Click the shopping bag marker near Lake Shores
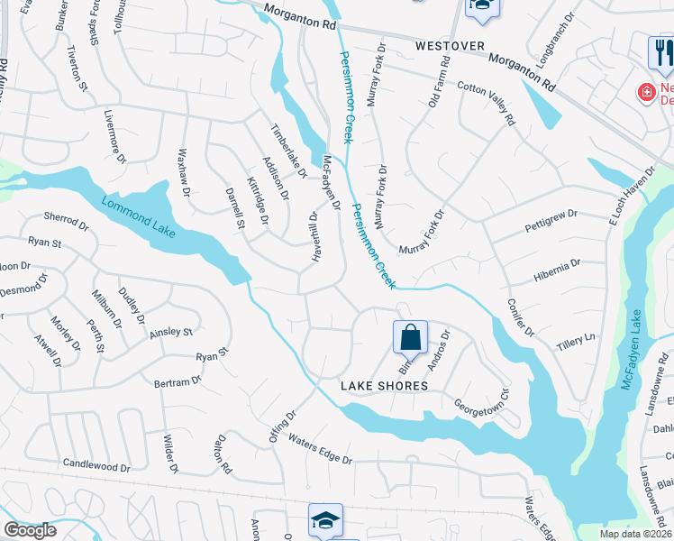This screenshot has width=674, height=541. tap(410, 338)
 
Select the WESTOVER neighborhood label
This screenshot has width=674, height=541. tap(450, 45)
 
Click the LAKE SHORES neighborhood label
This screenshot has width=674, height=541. tap(384, 386)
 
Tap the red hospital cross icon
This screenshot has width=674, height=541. tap(645, 92)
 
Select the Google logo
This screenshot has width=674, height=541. tap(30, 530)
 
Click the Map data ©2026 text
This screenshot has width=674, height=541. tap(636, 534)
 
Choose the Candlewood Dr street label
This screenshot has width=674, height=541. tap(96, 465)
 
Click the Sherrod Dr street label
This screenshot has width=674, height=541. tap(67, 223)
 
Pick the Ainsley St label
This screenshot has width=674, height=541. tap(171, 333)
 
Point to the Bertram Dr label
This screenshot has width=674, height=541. tap(178, 382)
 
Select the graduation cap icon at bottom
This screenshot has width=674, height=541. tap(325, 520)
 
